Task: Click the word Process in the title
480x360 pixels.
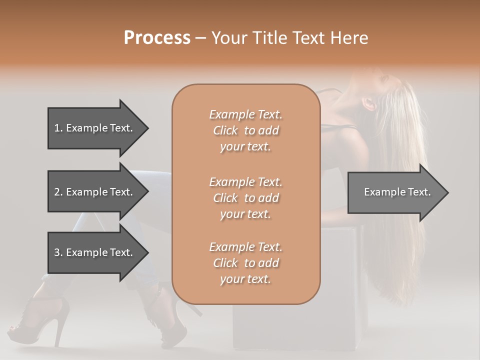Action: point(157,38)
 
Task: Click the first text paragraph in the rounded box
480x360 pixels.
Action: point(245,130)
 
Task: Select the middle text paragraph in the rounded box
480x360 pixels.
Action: point(245,197)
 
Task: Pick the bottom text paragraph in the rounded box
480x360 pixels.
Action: point(245,263)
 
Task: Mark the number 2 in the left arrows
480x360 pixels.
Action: point(57,192)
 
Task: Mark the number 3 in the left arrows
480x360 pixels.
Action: point(57,252)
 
